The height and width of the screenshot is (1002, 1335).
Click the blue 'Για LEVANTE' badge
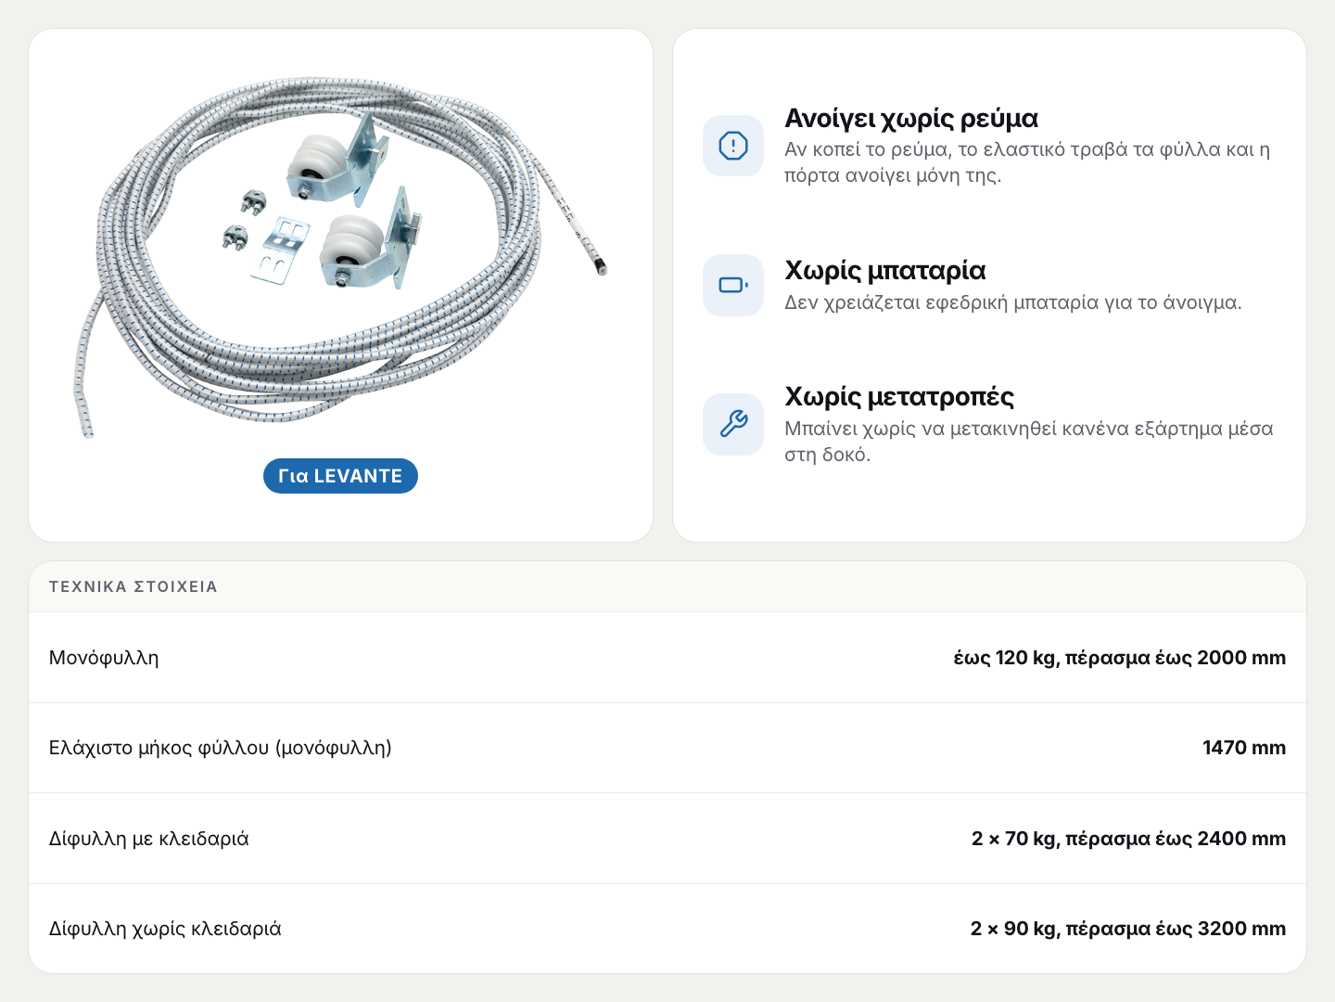click(x=340, y=476)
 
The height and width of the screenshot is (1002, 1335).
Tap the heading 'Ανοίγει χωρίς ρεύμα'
click(x=911, y=119)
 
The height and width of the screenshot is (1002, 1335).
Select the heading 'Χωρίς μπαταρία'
click(x=885, y=271)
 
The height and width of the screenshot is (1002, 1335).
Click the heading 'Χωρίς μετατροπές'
click(x=899, y=397)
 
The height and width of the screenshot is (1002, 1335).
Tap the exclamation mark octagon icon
click(x=733, y=146)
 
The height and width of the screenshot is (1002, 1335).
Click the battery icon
click(x=733, y=285)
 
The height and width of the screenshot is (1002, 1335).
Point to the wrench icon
click(x=733, y=423)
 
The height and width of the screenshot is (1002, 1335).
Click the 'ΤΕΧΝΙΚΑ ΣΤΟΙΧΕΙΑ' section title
click(x=133, y=586)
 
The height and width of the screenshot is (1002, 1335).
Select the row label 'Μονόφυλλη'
click(x=104, y=658)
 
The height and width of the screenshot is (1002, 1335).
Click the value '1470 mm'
click(x=1244, y=748)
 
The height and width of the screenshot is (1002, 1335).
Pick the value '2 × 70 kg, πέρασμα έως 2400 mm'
click(x=1128, y=839)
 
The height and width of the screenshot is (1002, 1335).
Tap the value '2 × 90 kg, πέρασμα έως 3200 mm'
click(x=1127, y=929)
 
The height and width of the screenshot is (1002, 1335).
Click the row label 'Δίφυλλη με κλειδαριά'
click(x=149, y=839)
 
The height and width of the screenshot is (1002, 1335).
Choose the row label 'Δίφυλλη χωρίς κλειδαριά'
click(x=165, y=929)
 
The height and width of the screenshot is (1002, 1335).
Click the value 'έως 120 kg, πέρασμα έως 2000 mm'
click(x=1119, y=658)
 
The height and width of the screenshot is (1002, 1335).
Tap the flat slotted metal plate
click(x=280, y=250)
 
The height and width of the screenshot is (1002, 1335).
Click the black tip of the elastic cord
click(x=601, y=267)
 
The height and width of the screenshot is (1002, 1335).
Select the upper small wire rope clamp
click(x=253, y=201)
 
